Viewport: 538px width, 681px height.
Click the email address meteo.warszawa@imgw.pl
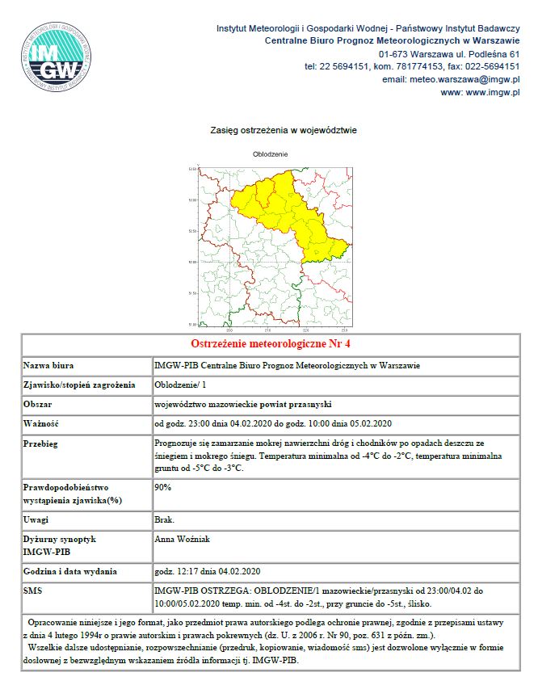pos(450,79)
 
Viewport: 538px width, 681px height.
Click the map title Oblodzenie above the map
pos(270,153)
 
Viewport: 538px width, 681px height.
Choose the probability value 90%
pos(162,488)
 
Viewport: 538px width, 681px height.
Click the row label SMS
pos(34,591)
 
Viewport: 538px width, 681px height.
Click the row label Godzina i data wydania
pos(70,571)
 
